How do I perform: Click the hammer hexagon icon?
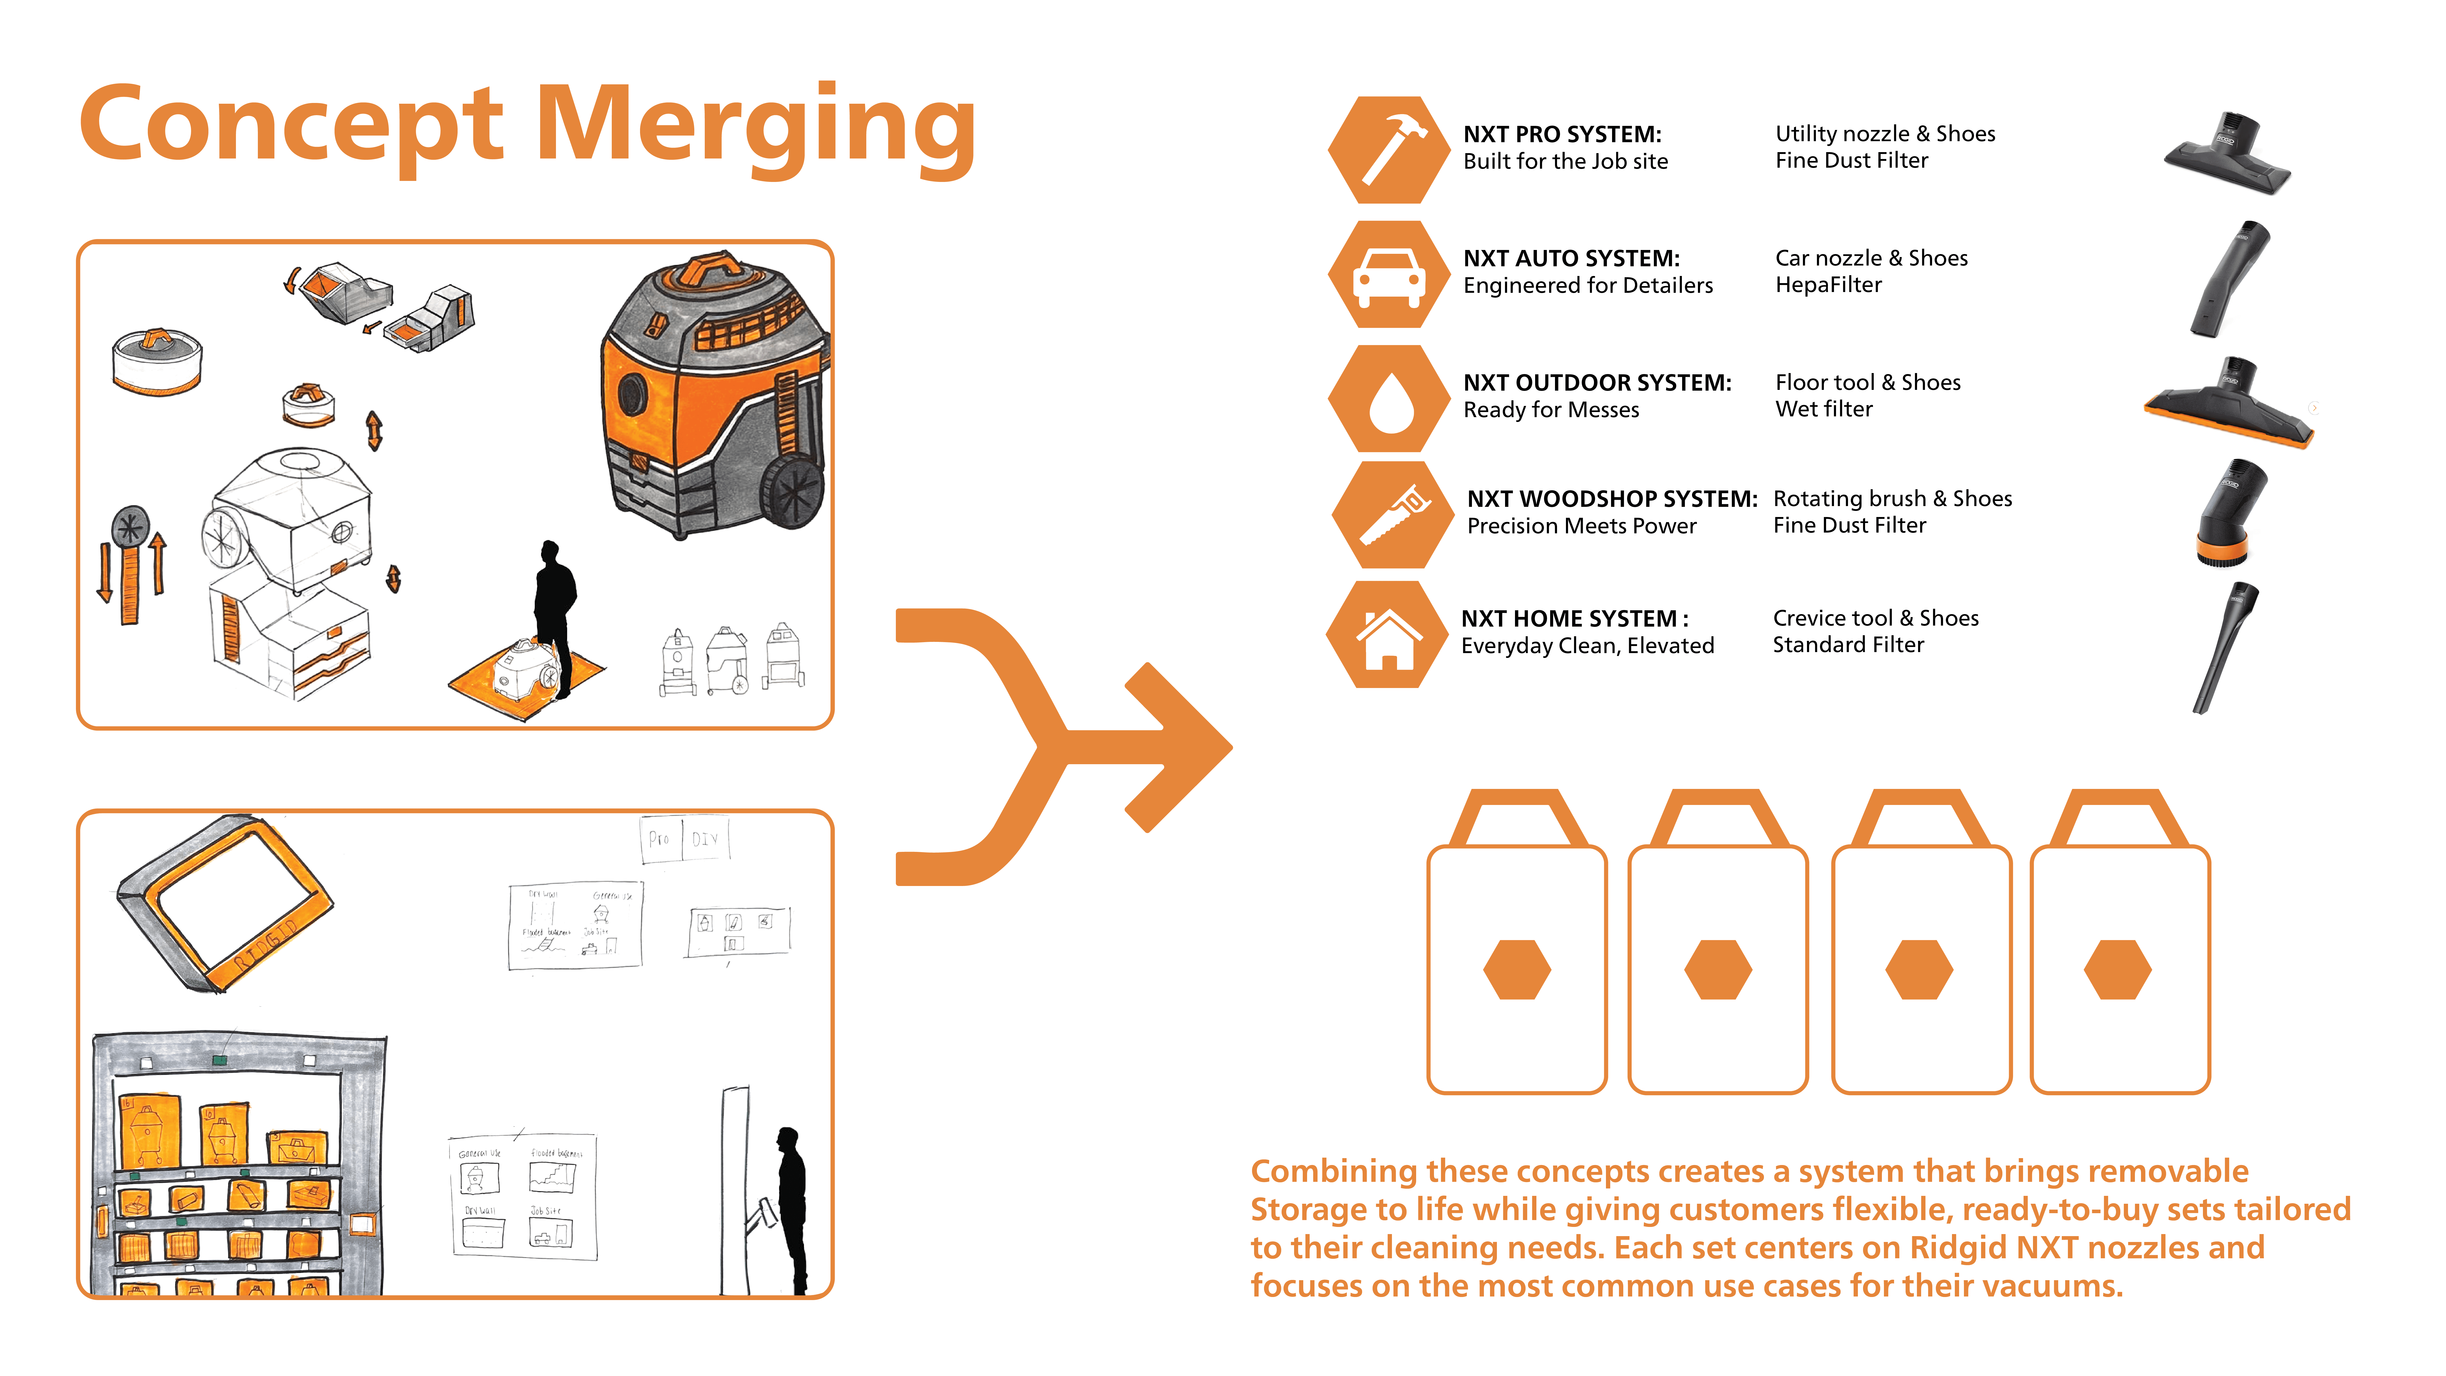click(x=1389, y=150)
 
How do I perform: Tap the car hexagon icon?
click(x=1389, y=274)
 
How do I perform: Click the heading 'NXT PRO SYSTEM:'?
click(x=1562, y=134)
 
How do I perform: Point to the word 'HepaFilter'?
click(x=1828, y=285)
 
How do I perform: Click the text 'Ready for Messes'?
click(x=1551, y=410)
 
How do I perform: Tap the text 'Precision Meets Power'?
click(x=1581, y=526)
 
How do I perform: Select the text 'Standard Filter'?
click(x=1848, y=645)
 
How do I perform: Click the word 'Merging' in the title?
click(x=756, y=126)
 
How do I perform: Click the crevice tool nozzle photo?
click(x=2225, y=648)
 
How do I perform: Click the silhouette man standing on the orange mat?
click(x=554, y=617)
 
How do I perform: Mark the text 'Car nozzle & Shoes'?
click(x=1871, y=258)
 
